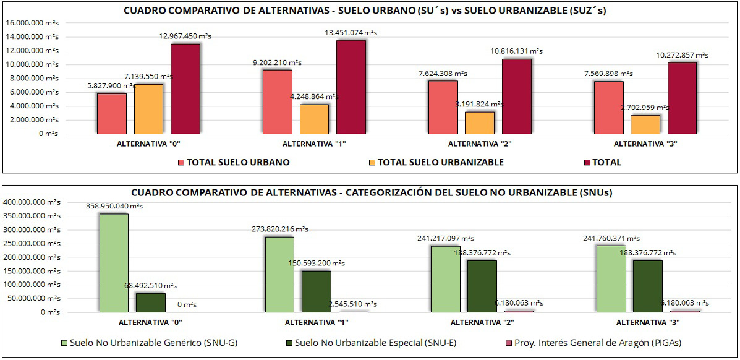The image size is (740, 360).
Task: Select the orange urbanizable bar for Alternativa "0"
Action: pos(149,109)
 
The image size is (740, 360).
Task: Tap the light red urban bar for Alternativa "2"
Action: pos(443,107)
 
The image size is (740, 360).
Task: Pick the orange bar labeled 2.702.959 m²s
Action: pos(645,124)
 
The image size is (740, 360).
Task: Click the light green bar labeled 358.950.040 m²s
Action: pos(114,263)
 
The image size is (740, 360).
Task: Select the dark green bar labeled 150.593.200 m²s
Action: pos(317,291)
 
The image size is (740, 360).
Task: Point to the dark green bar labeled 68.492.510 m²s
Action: pos(150,302)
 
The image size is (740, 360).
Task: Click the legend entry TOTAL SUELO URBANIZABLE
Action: pos(440,163)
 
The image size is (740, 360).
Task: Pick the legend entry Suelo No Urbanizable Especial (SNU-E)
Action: pos(376,342)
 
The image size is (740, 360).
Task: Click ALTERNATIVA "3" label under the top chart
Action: pos(642,144)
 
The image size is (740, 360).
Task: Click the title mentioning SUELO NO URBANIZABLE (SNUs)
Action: pos(372,192)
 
